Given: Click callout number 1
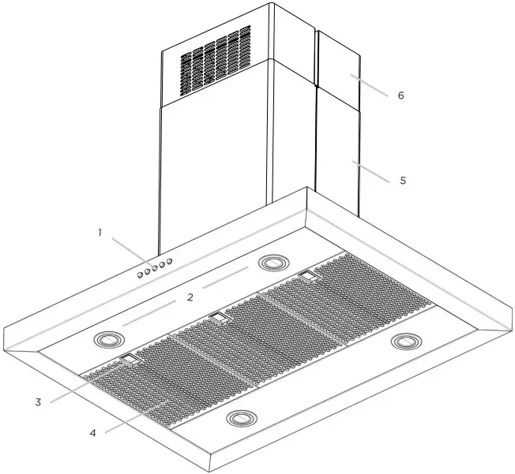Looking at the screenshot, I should (x=100, y=232).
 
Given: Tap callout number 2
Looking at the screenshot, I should (x=190, y=297).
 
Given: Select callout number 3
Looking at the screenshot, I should (x=37, y=402).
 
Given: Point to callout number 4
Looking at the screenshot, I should (x=92, y=433).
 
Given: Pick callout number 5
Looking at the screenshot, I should (x=402, y=181).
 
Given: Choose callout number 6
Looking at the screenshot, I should (x=400, y=95).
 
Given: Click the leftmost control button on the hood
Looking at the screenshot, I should (x=138, y=275).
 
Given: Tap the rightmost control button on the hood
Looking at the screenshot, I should (x=169, y=261).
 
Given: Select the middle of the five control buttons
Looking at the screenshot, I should (x=154, y=268).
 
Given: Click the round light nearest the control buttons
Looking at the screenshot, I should (x=273, y=262).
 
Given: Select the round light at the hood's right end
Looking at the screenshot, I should (x=407, y=342).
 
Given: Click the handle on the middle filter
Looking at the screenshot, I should (x=217, y=317).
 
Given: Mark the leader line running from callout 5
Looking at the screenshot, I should (x=371, y=172).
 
